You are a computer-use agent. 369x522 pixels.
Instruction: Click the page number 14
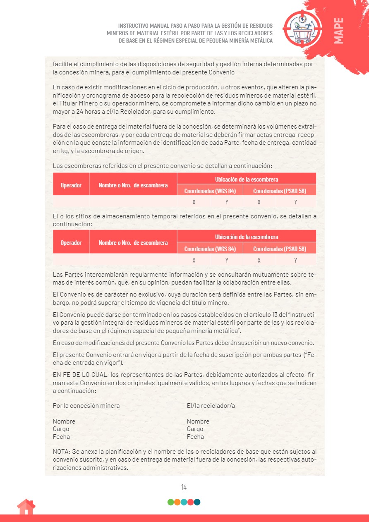[184, 487]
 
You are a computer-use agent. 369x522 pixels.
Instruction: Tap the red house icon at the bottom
[26, 507]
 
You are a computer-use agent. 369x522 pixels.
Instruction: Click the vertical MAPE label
[338, 31]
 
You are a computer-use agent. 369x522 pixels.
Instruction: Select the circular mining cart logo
[302, 27]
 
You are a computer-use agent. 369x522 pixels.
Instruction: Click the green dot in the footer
[170, 502]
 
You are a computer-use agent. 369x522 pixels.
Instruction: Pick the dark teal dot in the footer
[197, 502]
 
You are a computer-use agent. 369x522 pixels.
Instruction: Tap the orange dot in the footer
[177, 502]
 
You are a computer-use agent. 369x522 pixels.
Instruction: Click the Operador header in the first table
[71, 185]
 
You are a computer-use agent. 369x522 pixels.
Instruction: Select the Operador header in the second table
[71, 243]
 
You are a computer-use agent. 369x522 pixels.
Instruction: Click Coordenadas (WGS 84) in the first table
[210, 191]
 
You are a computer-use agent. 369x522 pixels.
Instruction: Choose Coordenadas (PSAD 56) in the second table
[279, 249]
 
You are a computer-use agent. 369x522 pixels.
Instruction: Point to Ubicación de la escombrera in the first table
[247, 180]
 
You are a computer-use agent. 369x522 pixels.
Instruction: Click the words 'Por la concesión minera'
[86, 406]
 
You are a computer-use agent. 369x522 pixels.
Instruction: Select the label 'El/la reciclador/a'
[211, 406]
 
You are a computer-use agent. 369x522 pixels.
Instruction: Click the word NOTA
[61, 452]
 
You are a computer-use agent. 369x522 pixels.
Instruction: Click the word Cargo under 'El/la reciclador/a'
[195, 429]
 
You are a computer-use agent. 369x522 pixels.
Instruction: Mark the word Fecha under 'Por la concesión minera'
[61, 437]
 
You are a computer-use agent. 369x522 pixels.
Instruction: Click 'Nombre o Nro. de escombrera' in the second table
[133, 243]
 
